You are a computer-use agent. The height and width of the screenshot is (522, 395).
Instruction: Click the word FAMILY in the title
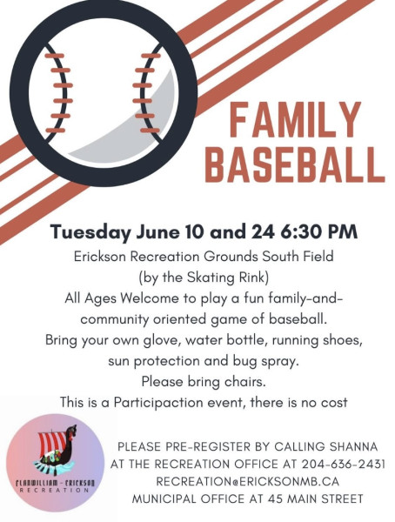(x=295, y=120)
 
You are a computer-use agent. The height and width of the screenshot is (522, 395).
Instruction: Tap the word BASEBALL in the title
(x=295, y=164)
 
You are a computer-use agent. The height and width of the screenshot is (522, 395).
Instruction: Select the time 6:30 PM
(x=318, y=231)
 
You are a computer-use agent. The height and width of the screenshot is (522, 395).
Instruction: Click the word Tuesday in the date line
(x=90, y=232)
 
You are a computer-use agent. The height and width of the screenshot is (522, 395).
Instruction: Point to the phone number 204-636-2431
(x=344, y=464)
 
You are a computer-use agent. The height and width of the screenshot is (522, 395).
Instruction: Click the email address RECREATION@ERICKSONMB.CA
(x=248, y=481)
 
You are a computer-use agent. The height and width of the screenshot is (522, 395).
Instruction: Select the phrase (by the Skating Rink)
(x=204, y=278)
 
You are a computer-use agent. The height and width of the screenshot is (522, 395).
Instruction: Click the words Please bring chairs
(x=204, y=382)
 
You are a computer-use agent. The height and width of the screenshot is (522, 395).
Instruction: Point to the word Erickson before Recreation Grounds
(x=100, y=257)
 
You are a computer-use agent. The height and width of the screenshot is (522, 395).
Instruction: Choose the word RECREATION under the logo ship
(x=55, y=490)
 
